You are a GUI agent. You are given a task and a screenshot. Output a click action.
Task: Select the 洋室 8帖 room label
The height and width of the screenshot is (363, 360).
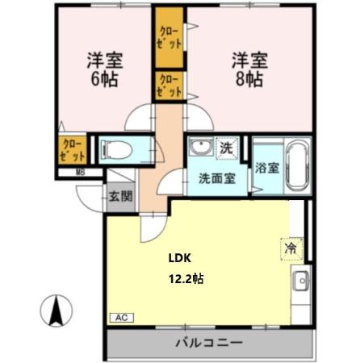pos(249,69)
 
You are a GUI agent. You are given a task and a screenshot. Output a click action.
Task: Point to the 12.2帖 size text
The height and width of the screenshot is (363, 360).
pos(185,279)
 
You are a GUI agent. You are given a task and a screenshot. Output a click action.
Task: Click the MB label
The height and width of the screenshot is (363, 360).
pos(80,171)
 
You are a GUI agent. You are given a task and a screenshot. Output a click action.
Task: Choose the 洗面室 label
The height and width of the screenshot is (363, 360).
pos(216,178)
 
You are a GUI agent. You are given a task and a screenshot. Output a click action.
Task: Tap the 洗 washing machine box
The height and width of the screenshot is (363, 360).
pos(228,148)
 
